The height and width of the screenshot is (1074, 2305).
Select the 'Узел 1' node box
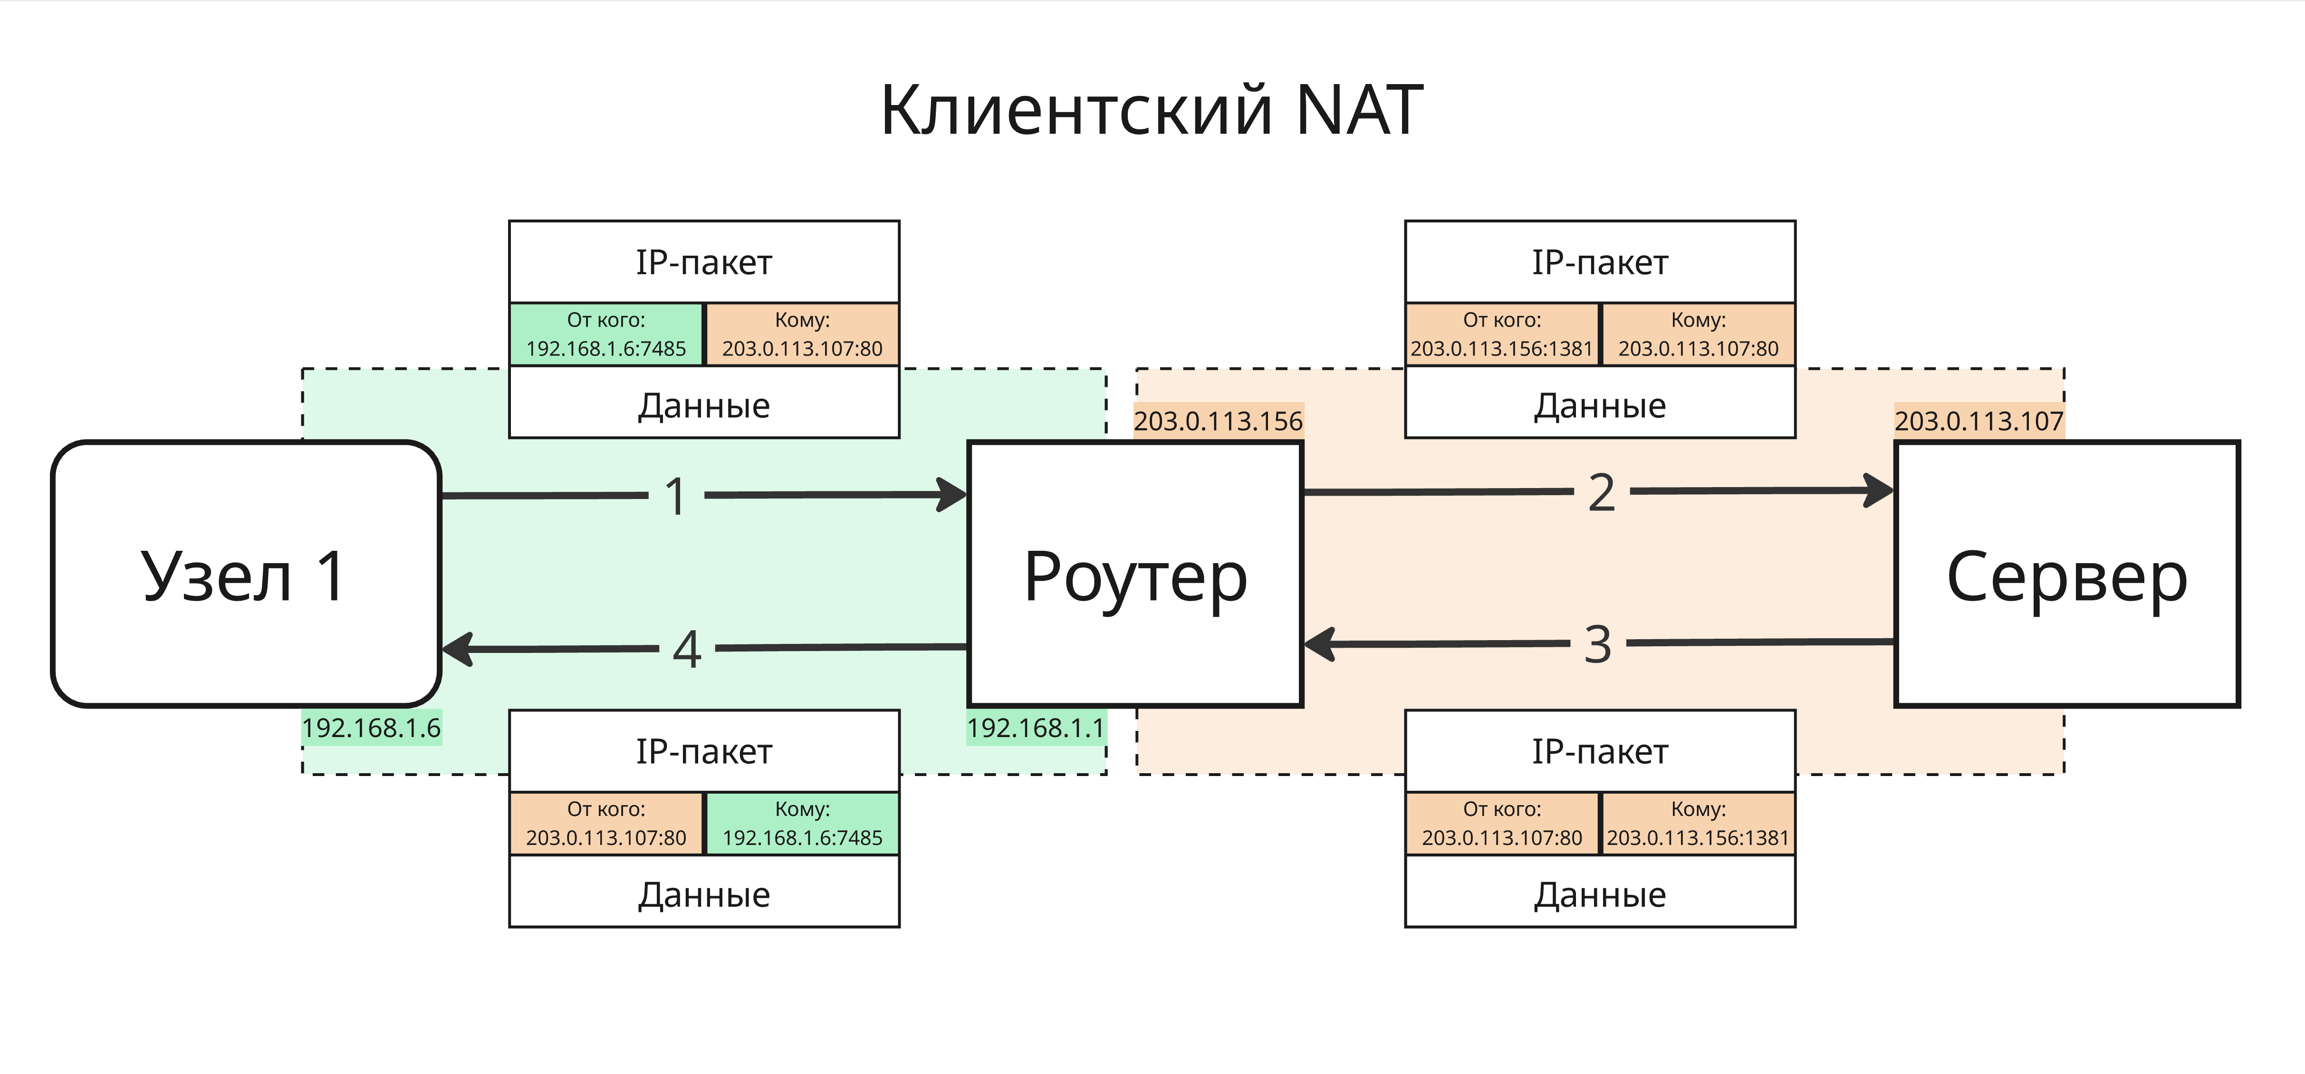click(246, 574)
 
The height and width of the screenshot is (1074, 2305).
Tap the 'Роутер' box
click(1134, 574)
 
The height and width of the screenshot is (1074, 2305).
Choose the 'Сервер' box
click(2067, 574)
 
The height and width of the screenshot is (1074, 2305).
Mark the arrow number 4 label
click(686, 649)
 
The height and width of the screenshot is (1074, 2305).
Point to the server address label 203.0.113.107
click(1978, 421)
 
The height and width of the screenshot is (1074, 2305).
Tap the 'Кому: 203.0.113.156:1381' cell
click(1698, 824)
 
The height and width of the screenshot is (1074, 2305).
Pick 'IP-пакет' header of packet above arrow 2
click(1600, 262)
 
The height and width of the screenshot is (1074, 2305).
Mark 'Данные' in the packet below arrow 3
click(1600, 894)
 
